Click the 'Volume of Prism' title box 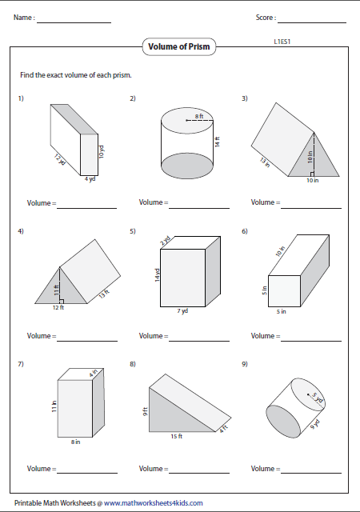pos(180,47)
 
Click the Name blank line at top pos(74,21)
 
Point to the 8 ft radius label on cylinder pos(200,118)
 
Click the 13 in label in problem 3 pos(264,162)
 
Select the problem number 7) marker pos(21,365)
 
